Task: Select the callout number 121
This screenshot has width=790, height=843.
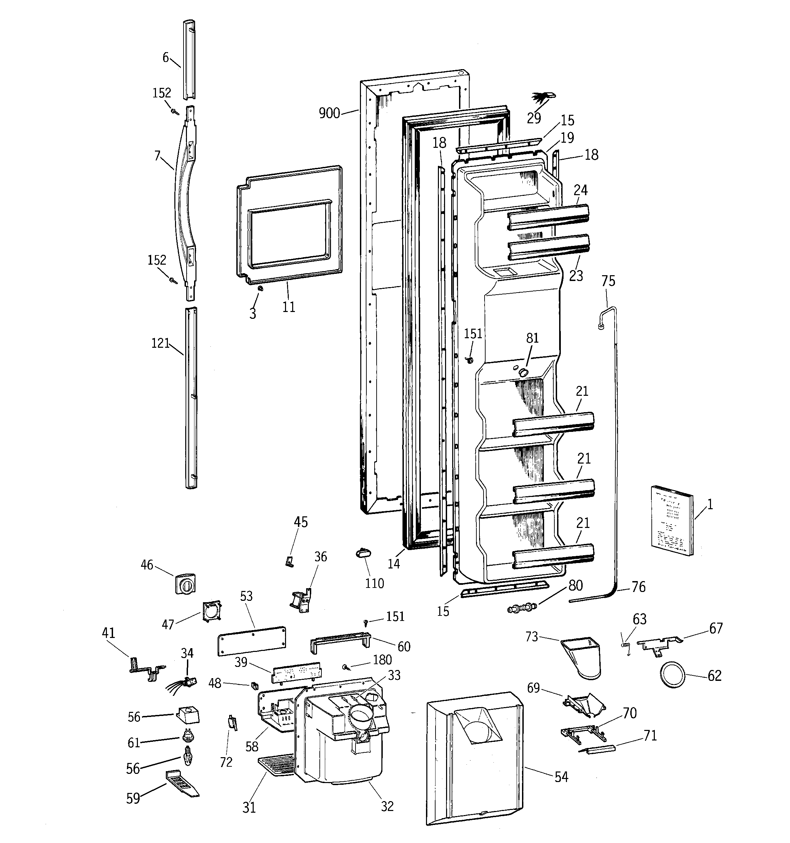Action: point(160,343)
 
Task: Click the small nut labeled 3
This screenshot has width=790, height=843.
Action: point(261,288)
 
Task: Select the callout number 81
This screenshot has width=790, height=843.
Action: point(532,338)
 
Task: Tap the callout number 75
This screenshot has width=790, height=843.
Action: point(608,281)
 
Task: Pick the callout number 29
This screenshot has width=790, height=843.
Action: point(534,118)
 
